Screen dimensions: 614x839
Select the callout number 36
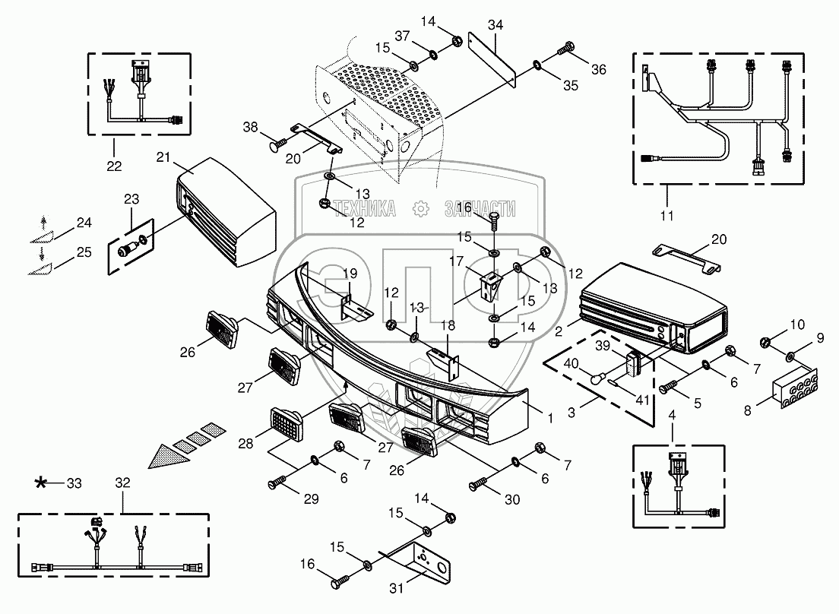point(599,70)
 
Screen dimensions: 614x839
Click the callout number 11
point(666,217)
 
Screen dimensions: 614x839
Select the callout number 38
point(252,128)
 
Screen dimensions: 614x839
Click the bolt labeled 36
point(566,50)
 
